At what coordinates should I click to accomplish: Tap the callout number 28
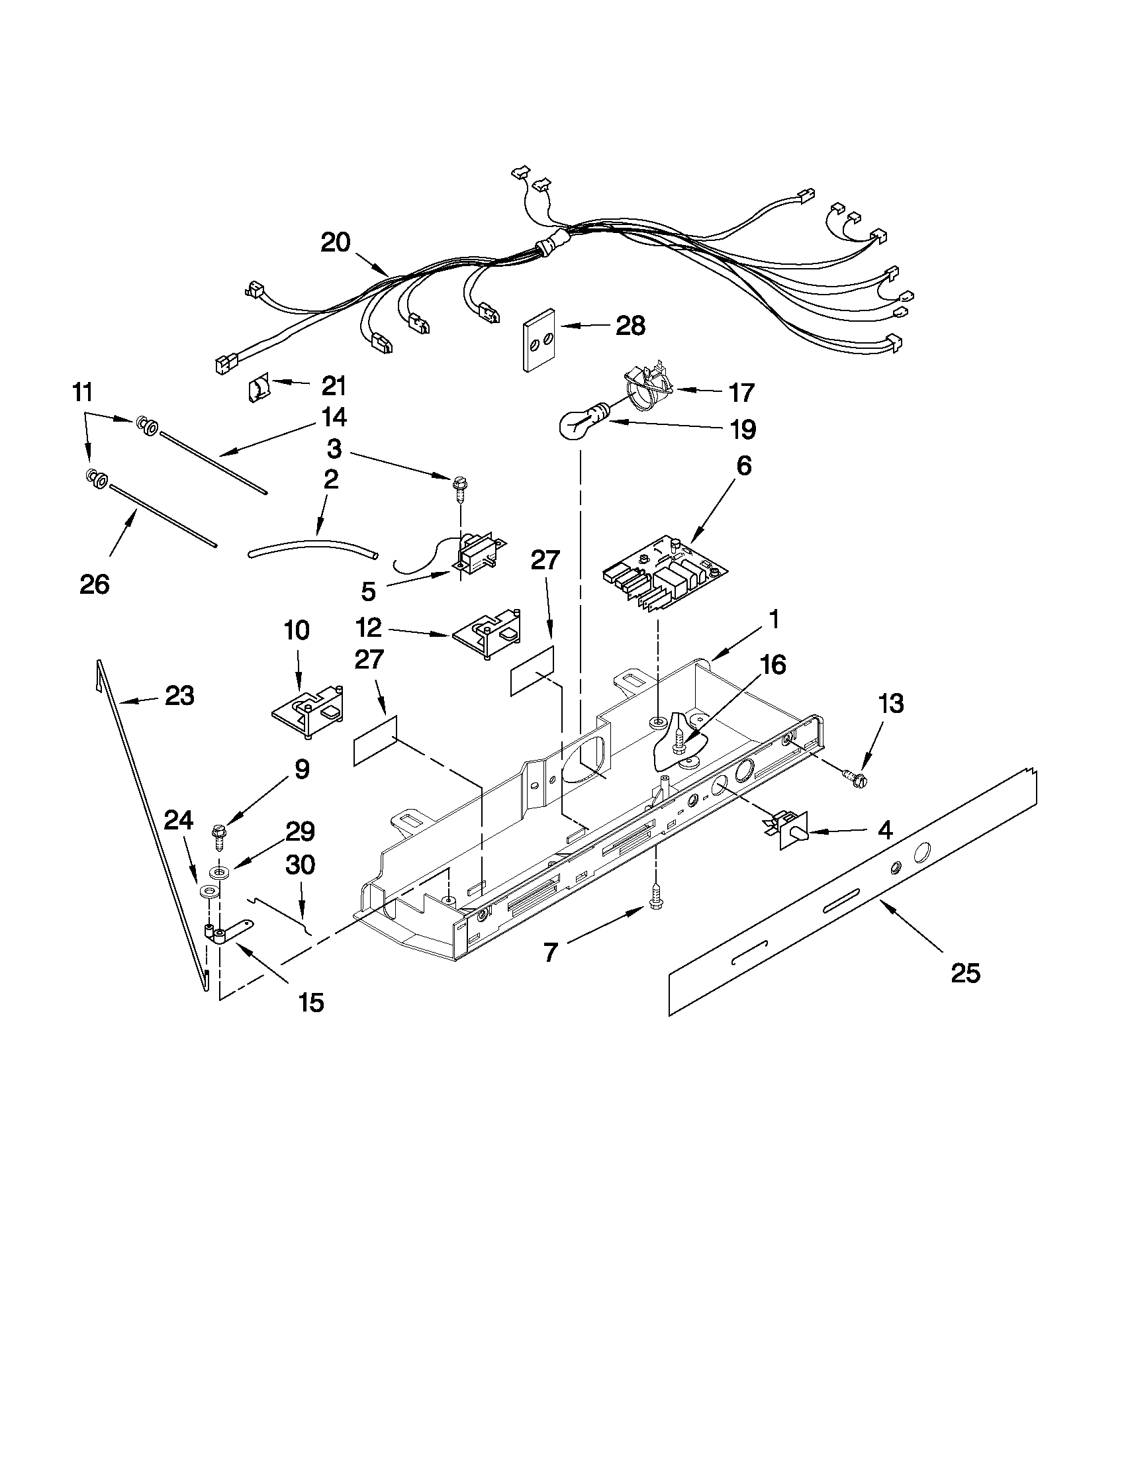pos(630,326)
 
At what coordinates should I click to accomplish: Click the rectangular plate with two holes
pos(540,340)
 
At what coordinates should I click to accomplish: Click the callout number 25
pos(965,973)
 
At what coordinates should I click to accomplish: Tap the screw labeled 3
pos(460,485)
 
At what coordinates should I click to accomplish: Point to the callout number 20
pos(335,242)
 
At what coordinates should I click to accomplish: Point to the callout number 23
pos(179,696)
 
